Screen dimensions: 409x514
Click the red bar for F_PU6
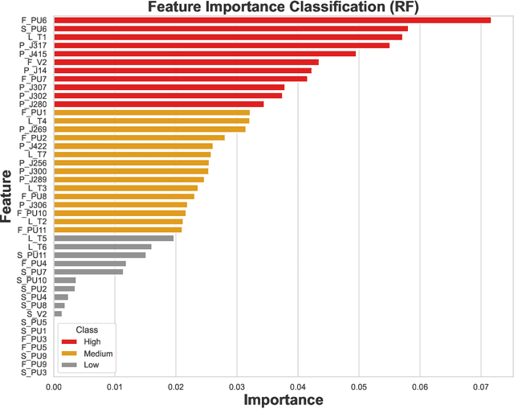click(x=272, y=20)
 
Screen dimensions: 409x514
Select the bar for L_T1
click(x=228, y=37)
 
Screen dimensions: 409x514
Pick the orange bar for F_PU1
click(x=152, y=112)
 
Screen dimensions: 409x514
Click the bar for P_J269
click(x=149, y=129)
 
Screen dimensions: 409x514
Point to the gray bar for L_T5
click(x=114, y=238)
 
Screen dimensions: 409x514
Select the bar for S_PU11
click(x=100, y=255)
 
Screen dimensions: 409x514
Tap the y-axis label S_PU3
click(x=34, y=373)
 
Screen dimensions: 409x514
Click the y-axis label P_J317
click(x=34, y=45)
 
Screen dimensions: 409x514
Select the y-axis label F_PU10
click(x=32, y=213)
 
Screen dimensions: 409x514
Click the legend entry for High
click(x=92, y=342)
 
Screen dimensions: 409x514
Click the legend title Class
click(x=87, y=329)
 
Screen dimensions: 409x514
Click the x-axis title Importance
click(x=283, y=399)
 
